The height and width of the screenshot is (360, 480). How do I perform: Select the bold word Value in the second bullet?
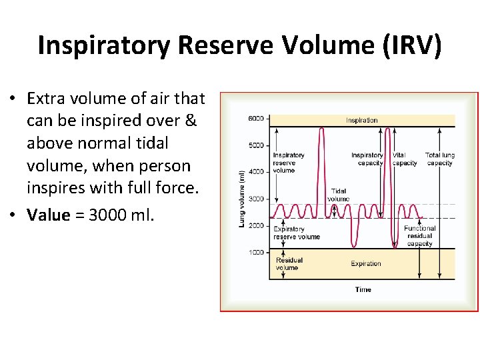click(48, 215)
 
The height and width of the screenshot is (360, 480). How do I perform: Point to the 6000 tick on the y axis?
click(256, 119)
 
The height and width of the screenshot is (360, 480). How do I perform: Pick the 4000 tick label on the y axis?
click(256, 172)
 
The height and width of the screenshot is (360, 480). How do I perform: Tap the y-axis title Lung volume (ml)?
click(242, 198)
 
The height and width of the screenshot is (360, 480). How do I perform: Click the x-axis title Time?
click(363, 289)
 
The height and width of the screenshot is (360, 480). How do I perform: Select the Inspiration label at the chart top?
click(362, 121)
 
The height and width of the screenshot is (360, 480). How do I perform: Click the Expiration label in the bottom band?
click(366, 264)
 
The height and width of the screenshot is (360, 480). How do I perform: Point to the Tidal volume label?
click(338, 195)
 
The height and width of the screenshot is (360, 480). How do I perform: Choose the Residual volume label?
click(289, 264)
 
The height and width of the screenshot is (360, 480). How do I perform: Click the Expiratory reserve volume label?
click(297, 233)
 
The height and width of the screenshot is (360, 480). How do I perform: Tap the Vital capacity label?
click(404, 159)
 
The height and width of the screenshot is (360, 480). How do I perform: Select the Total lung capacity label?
click(439, 159)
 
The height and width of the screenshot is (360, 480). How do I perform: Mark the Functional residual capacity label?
click(419, 235)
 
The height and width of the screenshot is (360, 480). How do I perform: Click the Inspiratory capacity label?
click(367, 159)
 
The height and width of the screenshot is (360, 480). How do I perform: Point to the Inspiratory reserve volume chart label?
click(288, 163)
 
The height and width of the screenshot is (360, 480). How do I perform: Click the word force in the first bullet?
click(181, 188)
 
